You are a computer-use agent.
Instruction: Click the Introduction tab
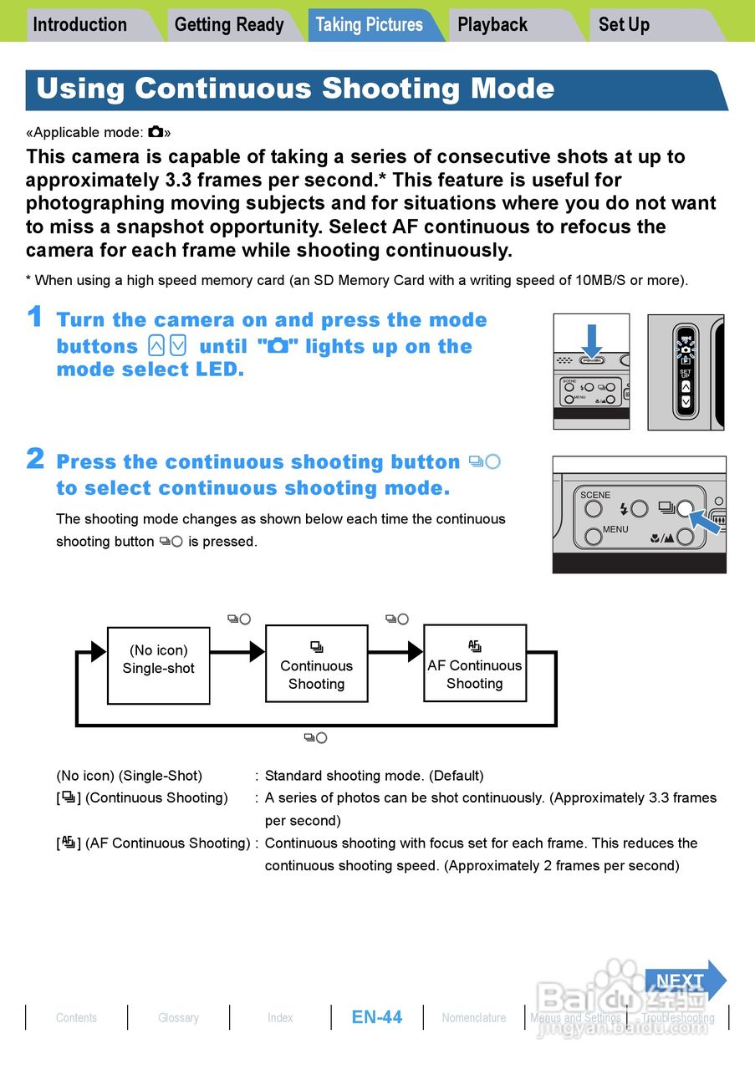pyautogui.click(x=80, y=24)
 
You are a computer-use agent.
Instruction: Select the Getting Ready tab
pyautogui.click(x=229, y=24)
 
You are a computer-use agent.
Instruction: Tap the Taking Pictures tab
pyautogui.click(x=370, y=24)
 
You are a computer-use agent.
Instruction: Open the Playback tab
pyautogui.click(x=492, y=24)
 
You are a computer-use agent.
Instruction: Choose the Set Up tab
pyautogui.click(x=624, y=24)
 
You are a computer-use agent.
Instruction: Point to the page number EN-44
pyautogui.click(x=377, y=1016)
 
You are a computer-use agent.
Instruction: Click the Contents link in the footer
pyautogui.click(x=76, y=1017)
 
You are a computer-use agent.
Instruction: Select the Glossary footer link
pyautogui.click(x=178, y=1017)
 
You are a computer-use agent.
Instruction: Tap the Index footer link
pyautogui.click(x=280, y=1017)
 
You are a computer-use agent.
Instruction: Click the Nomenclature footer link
pyautogui.click(x=474, y=1017)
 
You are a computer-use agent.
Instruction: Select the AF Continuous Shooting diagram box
pyautogui.click(x=475, y=663)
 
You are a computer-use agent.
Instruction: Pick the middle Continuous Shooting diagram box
pyautogui.click(x=316, y=664)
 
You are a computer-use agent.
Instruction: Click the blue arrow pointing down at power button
pyautogui.click(x=592, y=340)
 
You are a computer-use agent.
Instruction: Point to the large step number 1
pyautogui.click(x=34, y=317)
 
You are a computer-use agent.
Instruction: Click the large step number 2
pyautogui.click(x=34, y=459)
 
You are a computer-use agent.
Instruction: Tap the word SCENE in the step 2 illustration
pyautogui.click(x=595, y=495)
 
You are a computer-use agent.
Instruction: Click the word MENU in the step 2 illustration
pyautogui.click(x=615, y=529)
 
